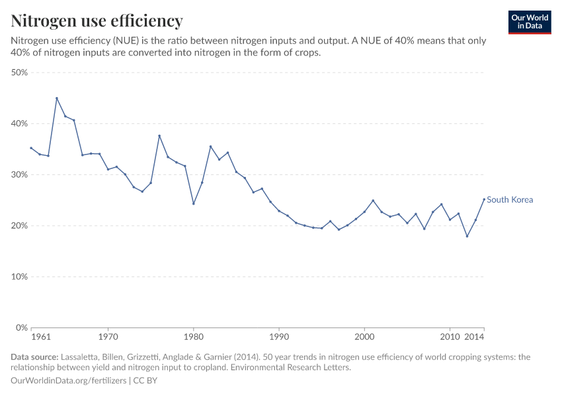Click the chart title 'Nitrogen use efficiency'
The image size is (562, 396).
(97, 21)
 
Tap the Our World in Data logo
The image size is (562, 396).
(529, 22)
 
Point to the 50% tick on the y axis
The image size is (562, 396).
(19, 73)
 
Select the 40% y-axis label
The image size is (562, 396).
(19, 123)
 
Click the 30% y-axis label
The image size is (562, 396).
(19, 175)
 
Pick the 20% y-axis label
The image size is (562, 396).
(19, 226)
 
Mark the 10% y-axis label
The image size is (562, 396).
(19, 277)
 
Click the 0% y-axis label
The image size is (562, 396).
(21, 327)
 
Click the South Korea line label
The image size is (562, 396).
(510, 199)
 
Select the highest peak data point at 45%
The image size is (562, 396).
(57, 98)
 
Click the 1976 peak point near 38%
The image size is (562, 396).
(159, 136)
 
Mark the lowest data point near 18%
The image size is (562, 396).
(467, 236)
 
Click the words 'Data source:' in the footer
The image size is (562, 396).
(34, 357)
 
